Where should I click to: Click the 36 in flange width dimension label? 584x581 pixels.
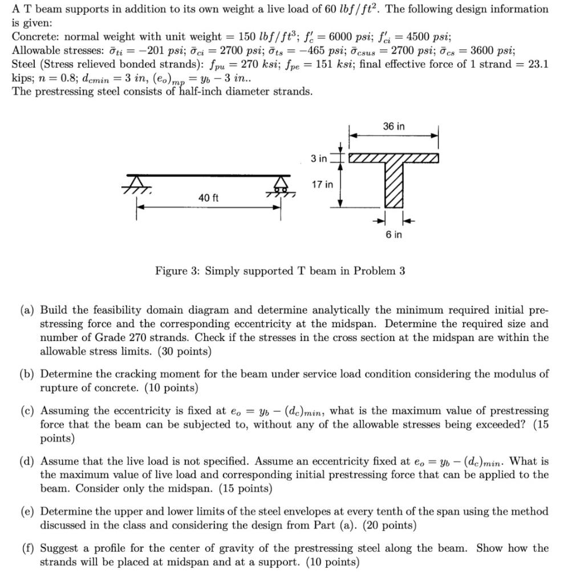[394, 127]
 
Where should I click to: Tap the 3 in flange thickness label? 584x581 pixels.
[319, 158]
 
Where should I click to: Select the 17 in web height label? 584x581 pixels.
[322, 184]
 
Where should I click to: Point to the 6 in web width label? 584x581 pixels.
[394, 235]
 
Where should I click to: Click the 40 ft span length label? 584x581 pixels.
[208, 197]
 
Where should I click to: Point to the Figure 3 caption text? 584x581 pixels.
[280, 271]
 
